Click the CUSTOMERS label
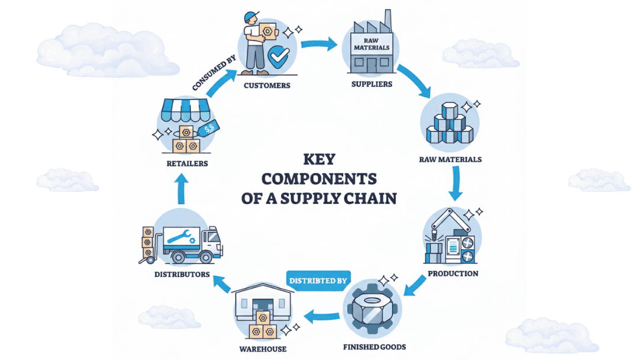coord(267,85)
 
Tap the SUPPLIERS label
coord(372,84)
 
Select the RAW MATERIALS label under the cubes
coord(450,159)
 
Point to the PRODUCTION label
coord(453,274)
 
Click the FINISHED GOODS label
coord(375,346)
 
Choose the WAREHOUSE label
coord(263,349)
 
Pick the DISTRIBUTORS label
coord(182,274)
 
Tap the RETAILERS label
coord(186,163)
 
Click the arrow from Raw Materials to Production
coord(455,185)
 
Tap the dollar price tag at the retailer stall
coord(209,128)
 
